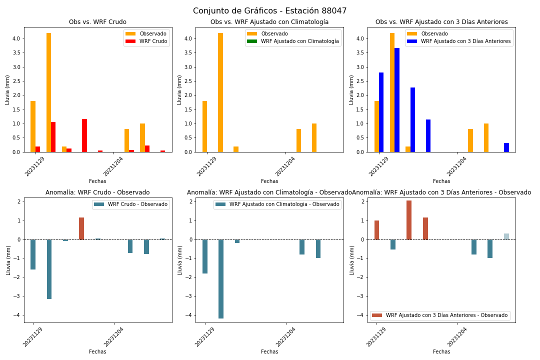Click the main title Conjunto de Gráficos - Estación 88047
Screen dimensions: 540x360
pyautogui.click(x=269, y=10)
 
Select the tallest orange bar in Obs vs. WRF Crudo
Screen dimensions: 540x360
pyautogui.click(x=49, y=92)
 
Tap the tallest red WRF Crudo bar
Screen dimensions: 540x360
pyautogui.click(x=84, y=135)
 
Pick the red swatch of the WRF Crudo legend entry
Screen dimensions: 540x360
pyautogui.click(x=130, y=41)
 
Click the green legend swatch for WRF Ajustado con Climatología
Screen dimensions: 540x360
pyautogui.click(x=252, y=41)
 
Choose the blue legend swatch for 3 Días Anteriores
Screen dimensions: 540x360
pyautogui.click(x=412, y=41)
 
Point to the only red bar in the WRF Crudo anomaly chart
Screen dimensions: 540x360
pyautogui.click(x=81, y=228)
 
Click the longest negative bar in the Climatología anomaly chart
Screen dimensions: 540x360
pyautogui.click(x=221, y=279)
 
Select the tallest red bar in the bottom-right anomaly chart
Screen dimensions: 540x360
pyautogui.click(x=409, y=220)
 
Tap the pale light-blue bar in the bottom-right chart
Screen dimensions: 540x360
pyautogui.click(x=506, y=236)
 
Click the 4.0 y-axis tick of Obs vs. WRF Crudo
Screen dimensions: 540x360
pyautogui.click(x=16, y=38)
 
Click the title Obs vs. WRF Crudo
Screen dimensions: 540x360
pyautogui.click(x=98, y=22)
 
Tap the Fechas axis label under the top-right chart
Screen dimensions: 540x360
pyautogui.click(x=441, y=181)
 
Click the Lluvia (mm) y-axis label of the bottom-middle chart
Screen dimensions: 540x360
pyautogui.click(x=180, y=260)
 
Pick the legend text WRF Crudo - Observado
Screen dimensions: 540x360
pyautogui.click(x=138, y=204)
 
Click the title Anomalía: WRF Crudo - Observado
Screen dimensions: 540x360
pyautogui.click(x=98, y=192)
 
